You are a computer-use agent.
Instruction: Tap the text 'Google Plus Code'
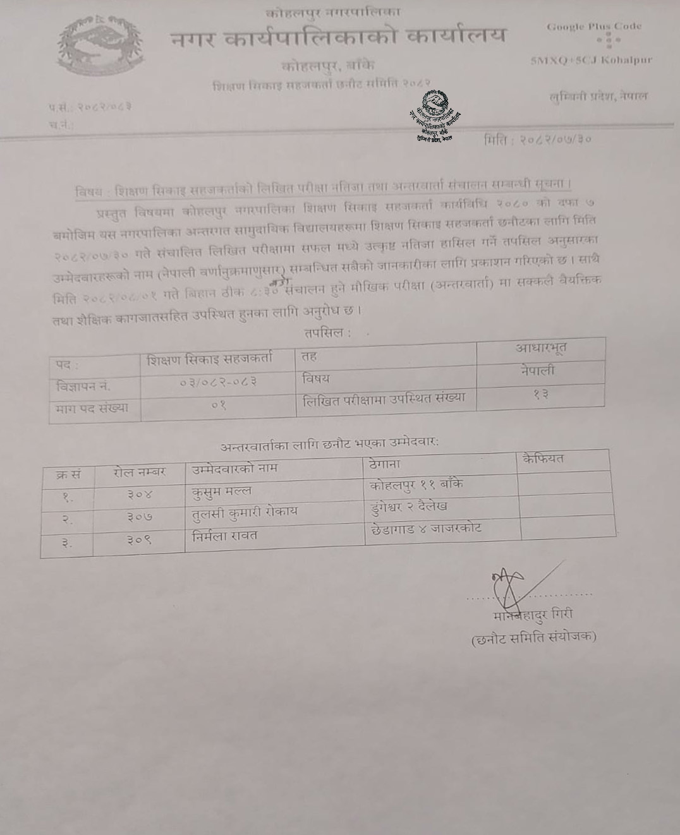point(594,27)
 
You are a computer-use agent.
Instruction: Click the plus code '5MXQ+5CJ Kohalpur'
point(591,61)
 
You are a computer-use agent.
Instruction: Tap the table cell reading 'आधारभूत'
point(541,348)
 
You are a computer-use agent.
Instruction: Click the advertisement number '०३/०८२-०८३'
point(218,382)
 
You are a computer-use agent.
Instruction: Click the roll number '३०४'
point(139,495)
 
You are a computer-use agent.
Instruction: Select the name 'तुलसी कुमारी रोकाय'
point(245,512)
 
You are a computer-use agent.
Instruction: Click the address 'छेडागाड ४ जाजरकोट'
point(425,529)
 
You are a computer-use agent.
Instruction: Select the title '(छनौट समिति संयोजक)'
point(534,638)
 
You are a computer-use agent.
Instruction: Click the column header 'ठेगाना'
point(384,464)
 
